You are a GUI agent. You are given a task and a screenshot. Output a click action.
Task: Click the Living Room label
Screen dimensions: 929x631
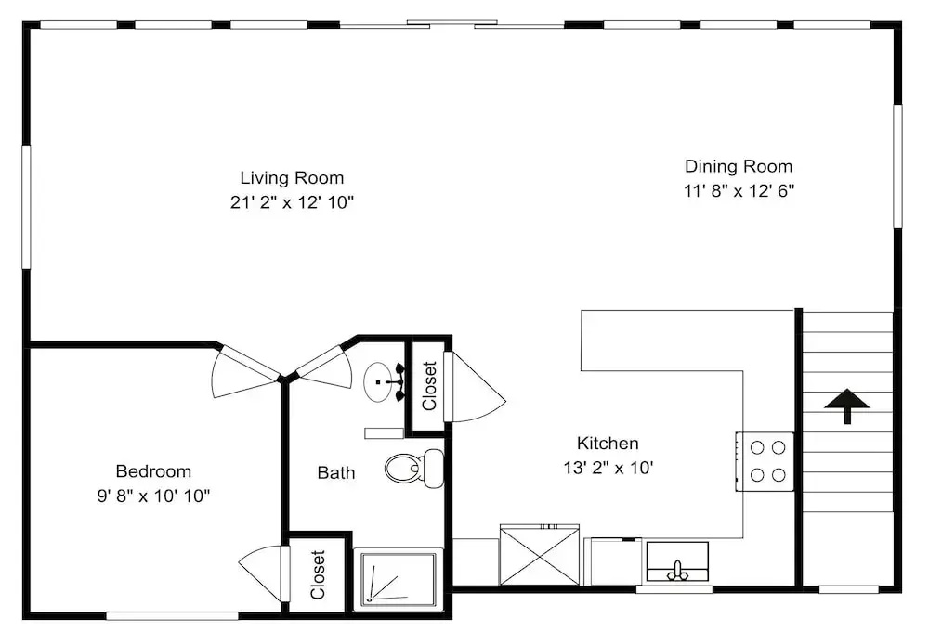[x=292, y=177]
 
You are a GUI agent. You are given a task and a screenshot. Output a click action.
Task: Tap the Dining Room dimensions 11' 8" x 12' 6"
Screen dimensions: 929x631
[x=739, y=190]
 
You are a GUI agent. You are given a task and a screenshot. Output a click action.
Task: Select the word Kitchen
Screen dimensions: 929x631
[x=608, y=443]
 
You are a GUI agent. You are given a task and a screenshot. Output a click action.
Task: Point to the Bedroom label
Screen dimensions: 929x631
[x=153, y=471]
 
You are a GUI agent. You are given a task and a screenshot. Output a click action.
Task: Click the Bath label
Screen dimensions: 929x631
[x=336, y=472]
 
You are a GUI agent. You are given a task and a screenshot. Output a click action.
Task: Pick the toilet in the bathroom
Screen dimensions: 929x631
[x=414, y=469]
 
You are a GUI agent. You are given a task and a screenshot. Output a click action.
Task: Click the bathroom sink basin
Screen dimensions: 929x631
[x=379, y=382]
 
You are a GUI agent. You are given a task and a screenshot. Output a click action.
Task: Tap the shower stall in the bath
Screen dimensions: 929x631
[x=395, y=580]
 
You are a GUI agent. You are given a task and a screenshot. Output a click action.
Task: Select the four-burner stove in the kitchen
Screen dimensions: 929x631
[x=765, y=462]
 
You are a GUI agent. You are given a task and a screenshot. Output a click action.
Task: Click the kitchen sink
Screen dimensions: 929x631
[x=677, y=561]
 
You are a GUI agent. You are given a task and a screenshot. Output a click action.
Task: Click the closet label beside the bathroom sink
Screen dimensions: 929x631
[x=429, y=386]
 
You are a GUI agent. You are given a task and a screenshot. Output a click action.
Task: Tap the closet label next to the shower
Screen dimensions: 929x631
[x=318, y=574]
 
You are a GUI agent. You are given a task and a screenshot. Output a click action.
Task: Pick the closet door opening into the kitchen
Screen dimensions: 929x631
[x=474, y=388]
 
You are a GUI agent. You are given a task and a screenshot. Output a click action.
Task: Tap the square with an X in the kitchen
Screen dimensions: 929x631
[x=539, y=555]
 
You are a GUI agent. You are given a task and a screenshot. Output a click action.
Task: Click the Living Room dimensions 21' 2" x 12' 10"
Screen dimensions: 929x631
[x=292, y=202]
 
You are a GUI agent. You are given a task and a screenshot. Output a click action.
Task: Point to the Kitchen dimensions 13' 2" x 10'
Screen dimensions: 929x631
[x=608, y=468]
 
